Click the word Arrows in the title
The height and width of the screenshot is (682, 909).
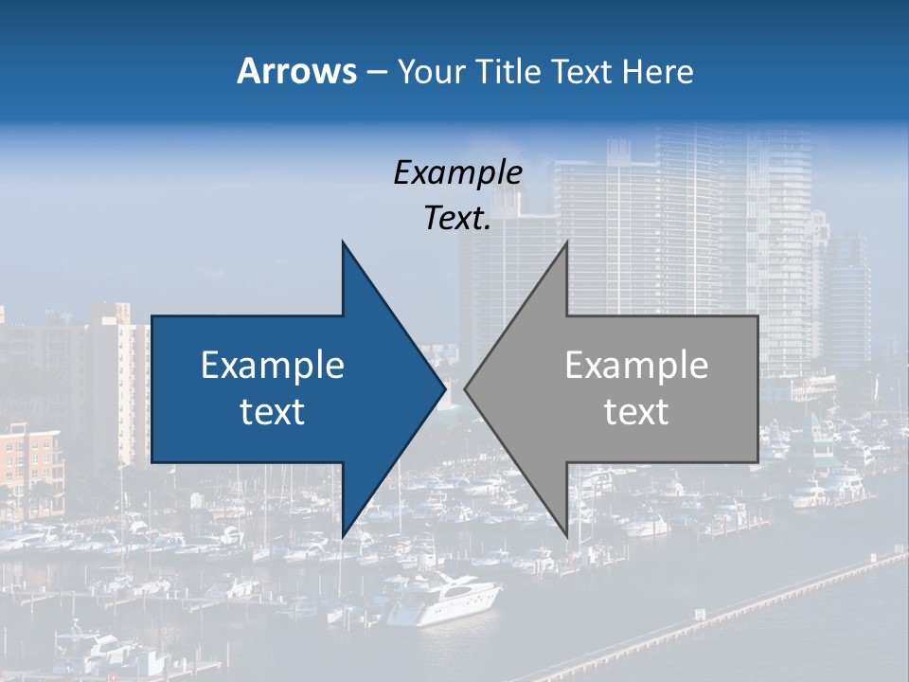point(296,71)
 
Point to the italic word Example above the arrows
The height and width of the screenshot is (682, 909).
point(458,173)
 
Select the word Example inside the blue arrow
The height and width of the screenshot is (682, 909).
point(273,366)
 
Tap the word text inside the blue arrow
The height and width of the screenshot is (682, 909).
point(273,412)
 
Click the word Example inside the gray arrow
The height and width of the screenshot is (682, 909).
point(636,366)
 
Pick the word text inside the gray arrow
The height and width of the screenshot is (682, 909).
point(636,412)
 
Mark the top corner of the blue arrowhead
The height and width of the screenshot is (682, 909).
point(343,242)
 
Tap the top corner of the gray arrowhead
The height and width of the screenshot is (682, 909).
point(566,242)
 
